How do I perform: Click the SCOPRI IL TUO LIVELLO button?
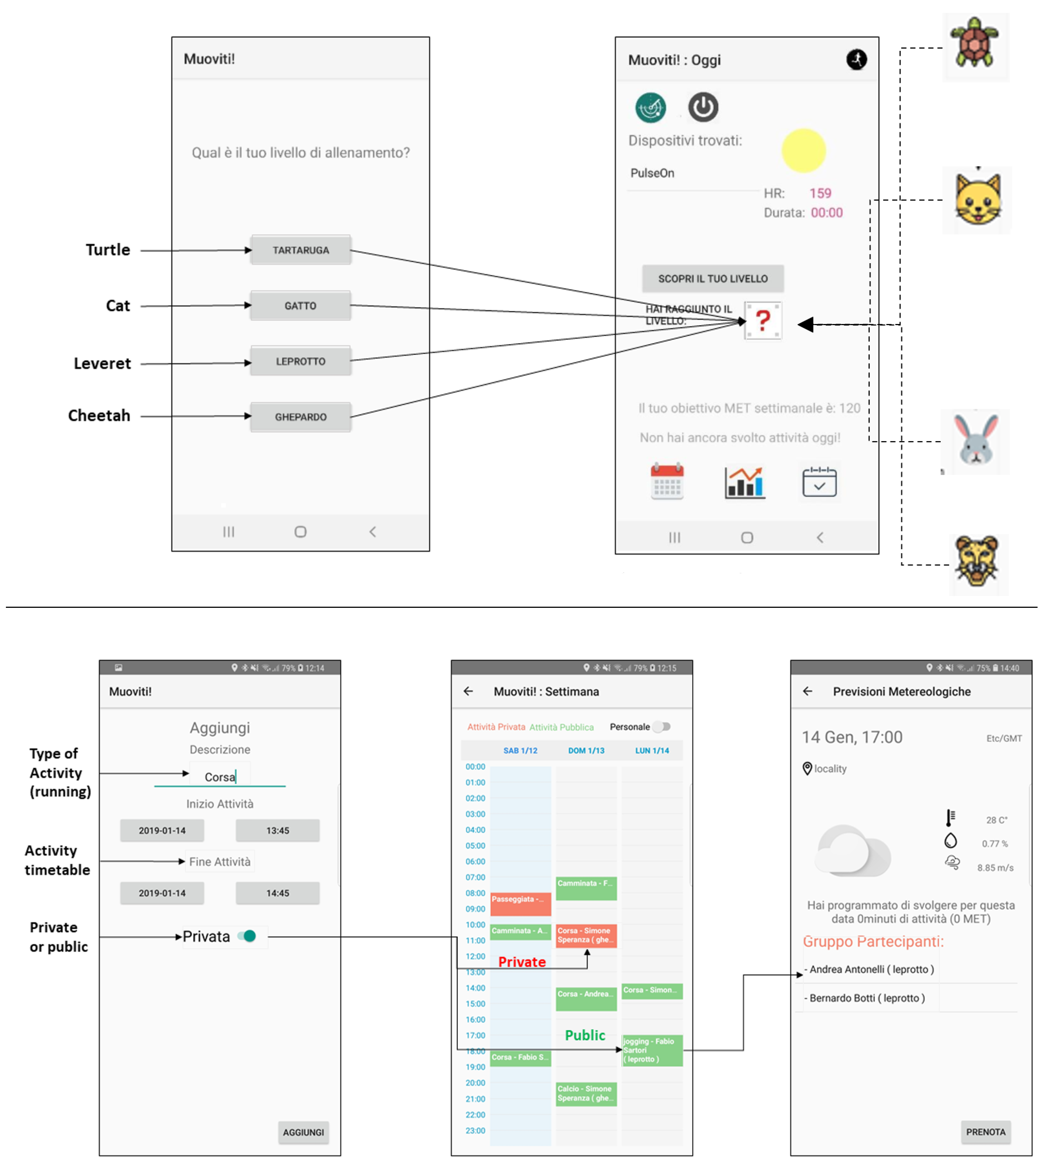click(x=712, y=278)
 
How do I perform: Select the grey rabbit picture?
click(x=975, y=441)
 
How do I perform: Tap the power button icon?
click(x=703, y=107)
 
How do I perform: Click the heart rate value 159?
click(x=820, y=193)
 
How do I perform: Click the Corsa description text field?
click(x=220, y=777)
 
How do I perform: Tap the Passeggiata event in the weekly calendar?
click(x=520, y=903)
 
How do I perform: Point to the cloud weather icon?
click(x=853, y=850)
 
